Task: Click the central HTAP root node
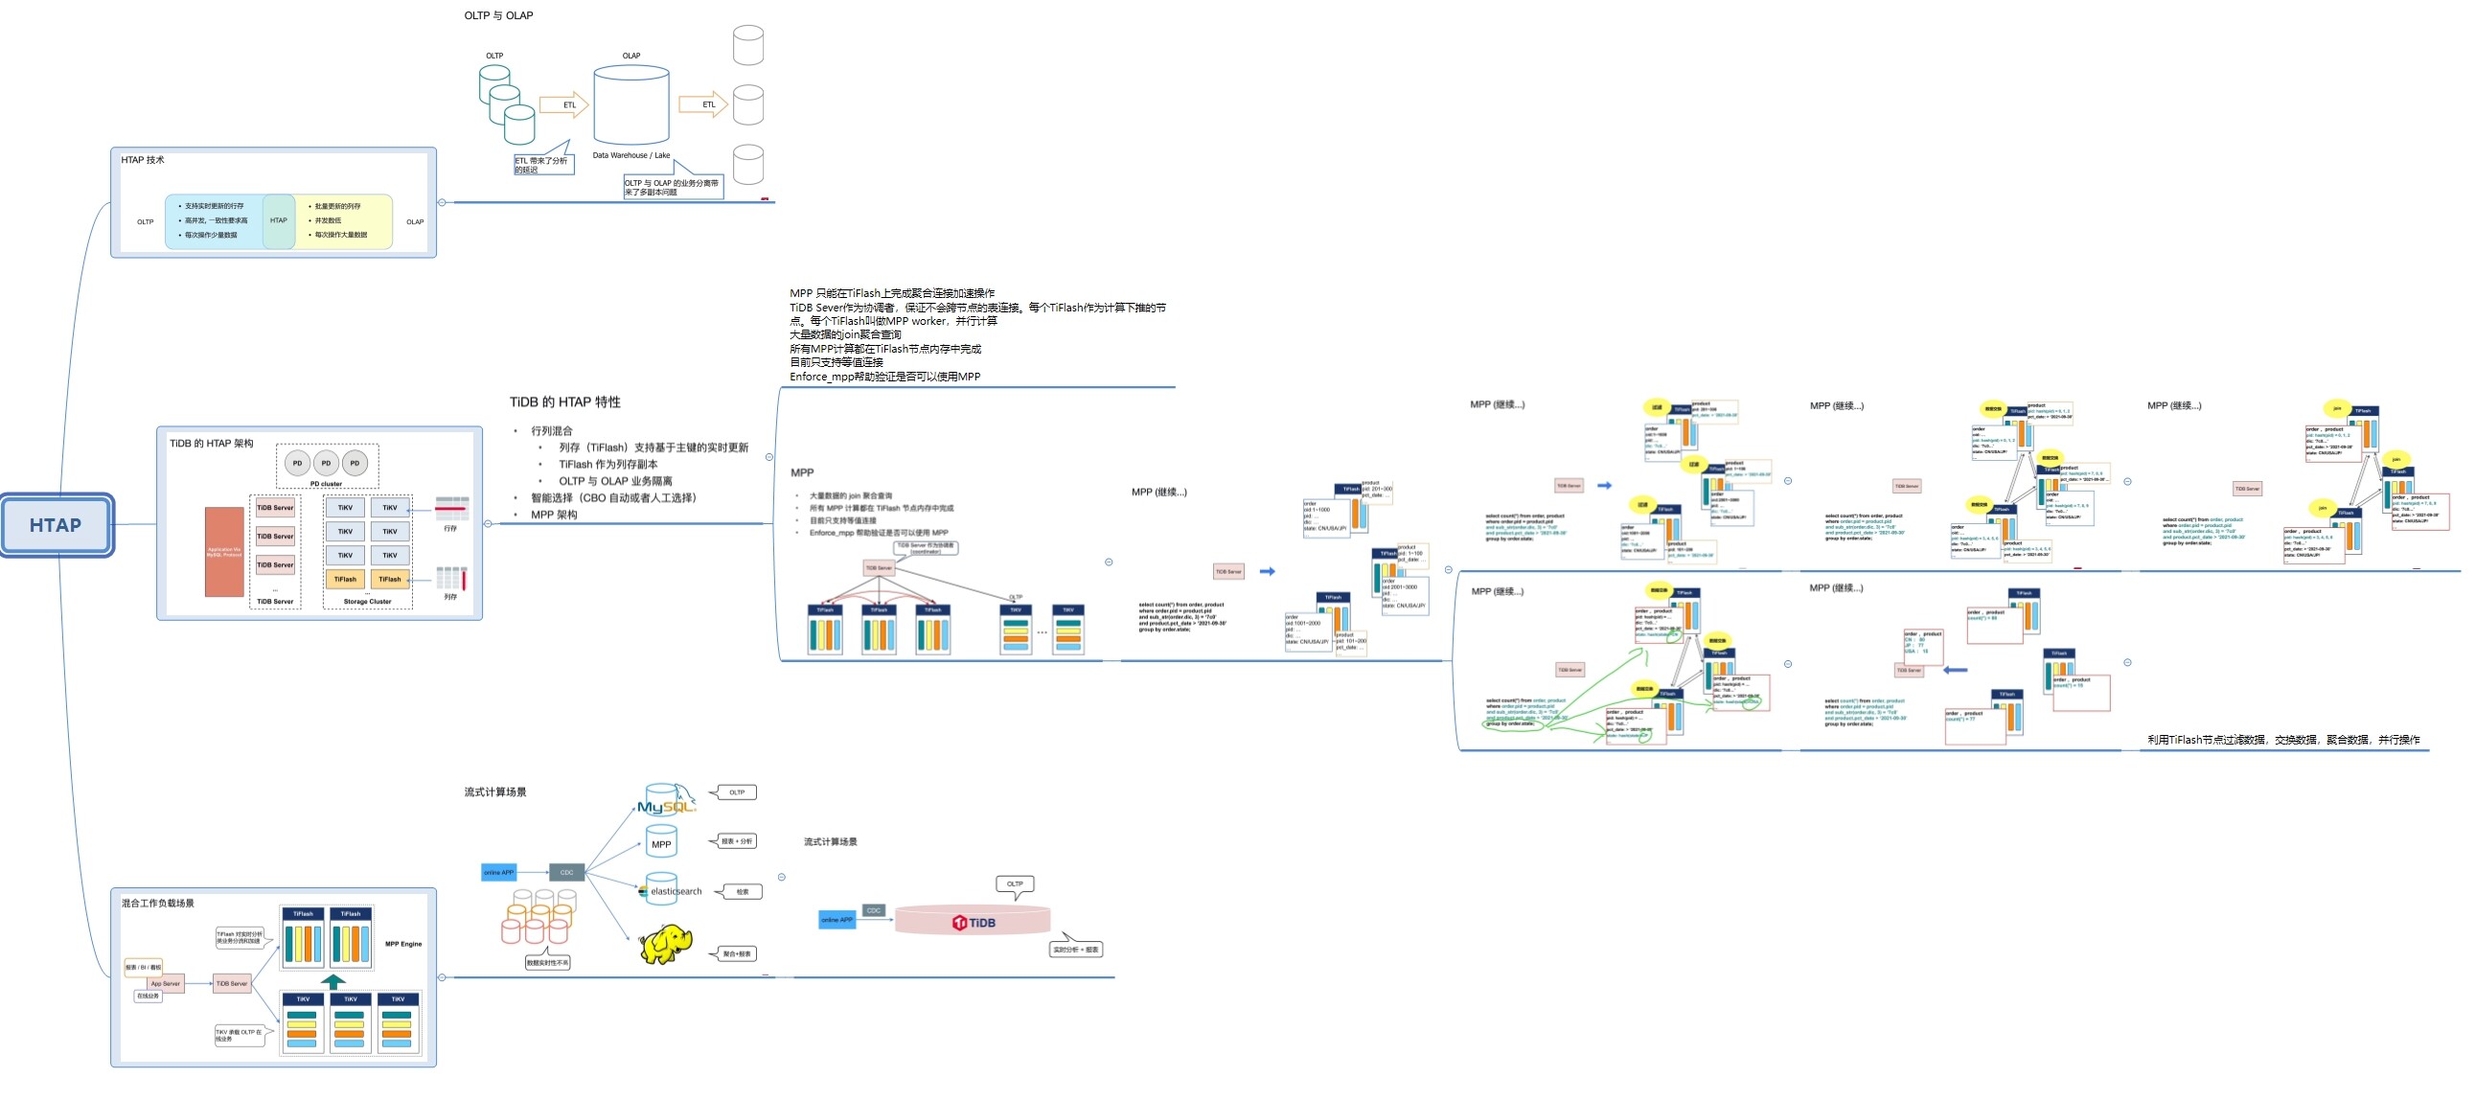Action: pos(56,524)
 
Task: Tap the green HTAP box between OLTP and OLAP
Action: pos(279,221)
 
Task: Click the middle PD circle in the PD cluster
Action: pos(326,463)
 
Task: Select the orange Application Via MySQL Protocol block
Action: pos(224,552)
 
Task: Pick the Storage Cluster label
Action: pos(367,602)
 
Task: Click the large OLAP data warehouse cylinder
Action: pos(631,105)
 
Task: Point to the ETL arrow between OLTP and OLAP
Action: pos(564,104)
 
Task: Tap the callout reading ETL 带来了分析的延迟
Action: pos(542,164)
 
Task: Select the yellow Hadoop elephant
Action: pos(666,945)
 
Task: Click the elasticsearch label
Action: pos(676,891)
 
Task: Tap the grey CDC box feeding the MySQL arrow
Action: pos(566,872)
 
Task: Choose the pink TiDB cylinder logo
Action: pos(974,923)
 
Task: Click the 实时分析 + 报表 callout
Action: pos(1076,950)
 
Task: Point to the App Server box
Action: pos(164,984)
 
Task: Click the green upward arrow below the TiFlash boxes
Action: pos(332,981)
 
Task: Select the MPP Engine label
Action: pos(403,945)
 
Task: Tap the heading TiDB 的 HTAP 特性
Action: pos(565,401)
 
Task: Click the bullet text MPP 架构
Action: pos(555,515)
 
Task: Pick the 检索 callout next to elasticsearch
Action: pos(742,891)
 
